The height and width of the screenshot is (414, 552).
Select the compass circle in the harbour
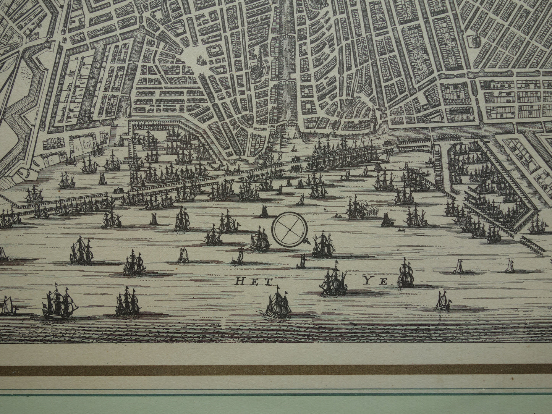point(288,230)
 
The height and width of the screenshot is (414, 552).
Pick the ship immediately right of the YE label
point(405,273)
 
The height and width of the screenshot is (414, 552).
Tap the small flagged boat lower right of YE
point(443,301)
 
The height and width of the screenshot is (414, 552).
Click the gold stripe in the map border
point(276,370)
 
